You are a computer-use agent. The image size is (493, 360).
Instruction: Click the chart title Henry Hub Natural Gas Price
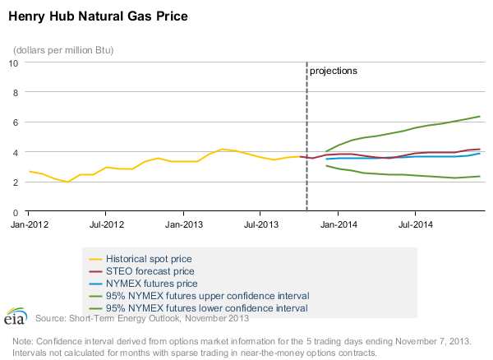click(97, 16)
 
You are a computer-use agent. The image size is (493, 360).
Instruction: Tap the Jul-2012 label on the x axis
click(106, 224)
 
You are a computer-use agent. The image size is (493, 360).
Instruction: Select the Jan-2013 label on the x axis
click(184, 224)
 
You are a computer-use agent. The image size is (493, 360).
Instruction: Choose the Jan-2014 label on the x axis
click(339, 224)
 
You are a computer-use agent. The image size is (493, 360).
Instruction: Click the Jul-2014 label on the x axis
click(416, 224)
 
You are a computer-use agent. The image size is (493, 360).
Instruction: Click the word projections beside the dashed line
click(334, 72)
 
